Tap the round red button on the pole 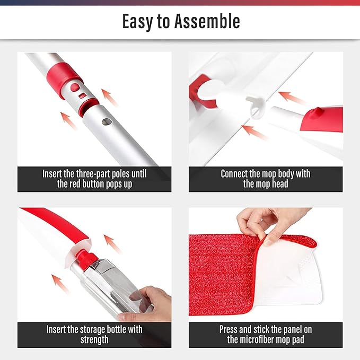(x=76, y=86)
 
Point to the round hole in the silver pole (x=106, y=121)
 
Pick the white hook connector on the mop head (x=256, y=103)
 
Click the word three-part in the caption (x=97, y=174)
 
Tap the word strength (x=94, y=340)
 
